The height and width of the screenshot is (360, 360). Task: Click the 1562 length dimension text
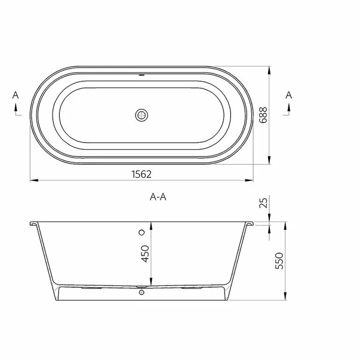point(141,174)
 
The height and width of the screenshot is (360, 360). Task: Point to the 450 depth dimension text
point(144,256)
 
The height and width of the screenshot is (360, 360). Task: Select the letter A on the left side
point(16,96)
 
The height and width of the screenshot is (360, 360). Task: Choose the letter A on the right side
point(288,96)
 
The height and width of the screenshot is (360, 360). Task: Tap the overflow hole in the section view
point(141,232)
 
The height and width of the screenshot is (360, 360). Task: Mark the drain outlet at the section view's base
point(141,293)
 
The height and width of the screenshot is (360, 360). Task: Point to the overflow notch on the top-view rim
point(141,76)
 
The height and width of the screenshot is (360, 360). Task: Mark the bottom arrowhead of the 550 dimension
point(286,298)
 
